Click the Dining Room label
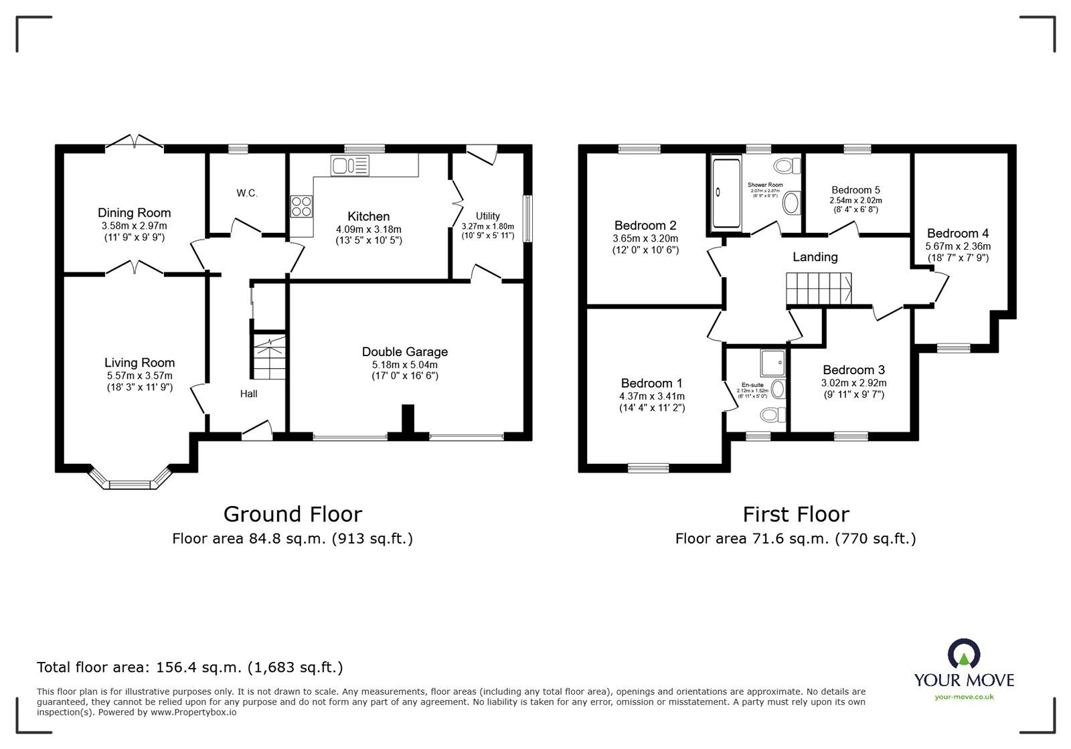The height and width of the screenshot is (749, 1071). point(134,213)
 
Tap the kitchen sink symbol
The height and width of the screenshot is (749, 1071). point(349,165)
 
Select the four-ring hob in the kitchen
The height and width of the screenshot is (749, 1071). point(301,206)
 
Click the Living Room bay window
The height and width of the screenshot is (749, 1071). point(131,480)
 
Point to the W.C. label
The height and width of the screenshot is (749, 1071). point(246,193)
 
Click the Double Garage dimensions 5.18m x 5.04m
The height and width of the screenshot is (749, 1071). point(405,365)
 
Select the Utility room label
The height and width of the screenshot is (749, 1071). point(487,216)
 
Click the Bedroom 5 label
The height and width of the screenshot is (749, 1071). point(855,190)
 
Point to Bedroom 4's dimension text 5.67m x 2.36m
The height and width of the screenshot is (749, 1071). point(957,246)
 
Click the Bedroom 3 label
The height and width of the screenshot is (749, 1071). point(853,370)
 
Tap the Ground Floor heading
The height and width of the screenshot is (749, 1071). point(293,514)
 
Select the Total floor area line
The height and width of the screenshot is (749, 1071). point(190,667)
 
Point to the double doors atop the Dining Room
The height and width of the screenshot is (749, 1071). point(135,142)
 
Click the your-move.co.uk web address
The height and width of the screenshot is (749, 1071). point(964,697)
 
